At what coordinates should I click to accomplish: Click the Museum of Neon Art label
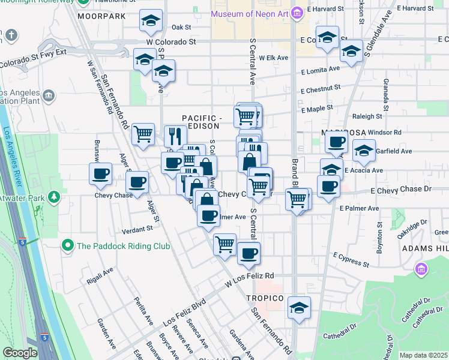coord(249,13)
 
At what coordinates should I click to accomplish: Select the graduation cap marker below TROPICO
coord(299,308)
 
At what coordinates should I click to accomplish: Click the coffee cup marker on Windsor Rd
coord(336,143)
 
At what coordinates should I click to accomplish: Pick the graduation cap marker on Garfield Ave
coord(363,151)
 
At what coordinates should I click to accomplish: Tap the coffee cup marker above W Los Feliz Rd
coord(249,253)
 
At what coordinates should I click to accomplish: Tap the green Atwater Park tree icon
coord(54,197)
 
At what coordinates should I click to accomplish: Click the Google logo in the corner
coord(20,352)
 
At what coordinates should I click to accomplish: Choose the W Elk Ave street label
coord(274,58)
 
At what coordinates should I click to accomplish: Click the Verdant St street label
coord(137,229)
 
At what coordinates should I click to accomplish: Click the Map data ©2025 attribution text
coord(423,355)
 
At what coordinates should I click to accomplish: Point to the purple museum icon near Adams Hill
coord(421,269)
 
